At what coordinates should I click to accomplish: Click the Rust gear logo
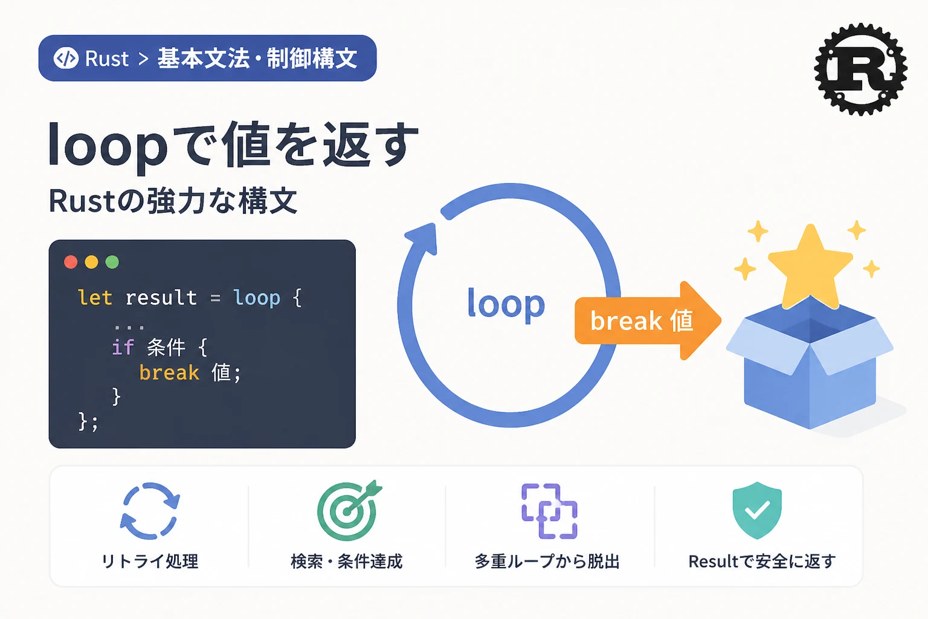(861, 70)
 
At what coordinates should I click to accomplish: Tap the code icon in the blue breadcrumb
(66, 58)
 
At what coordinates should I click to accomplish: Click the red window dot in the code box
(71, 262)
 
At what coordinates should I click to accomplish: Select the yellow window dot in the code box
(92, 262)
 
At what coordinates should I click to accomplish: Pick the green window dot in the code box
(112, 262)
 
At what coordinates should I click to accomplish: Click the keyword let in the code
(95, 297)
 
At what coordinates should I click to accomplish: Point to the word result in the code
(161, 297)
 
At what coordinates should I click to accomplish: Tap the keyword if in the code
(123, 348)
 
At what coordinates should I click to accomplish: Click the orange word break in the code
(169, 372)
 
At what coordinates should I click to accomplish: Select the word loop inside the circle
(506, 304)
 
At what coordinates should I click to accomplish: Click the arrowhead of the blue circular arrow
(424, 238)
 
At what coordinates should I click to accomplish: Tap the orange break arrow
(648, 320)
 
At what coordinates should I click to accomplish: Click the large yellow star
(810, 265)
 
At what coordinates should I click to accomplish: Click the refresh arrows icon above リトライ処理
(150, 511)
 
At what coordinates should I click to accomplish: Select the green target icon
(349, 511)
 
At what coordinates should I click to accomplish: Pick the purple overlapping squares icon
(549, 511)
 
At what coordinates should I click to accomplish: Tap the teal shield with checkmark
(757, 510)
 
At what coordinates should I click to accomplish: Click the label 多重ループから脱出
(547, 562)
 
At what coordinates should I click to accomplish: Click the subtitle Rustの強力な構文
(173, 201)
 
